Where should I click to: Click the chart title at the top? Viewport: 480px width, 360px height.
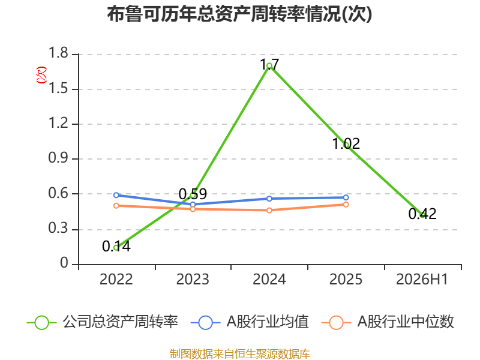[239, 14]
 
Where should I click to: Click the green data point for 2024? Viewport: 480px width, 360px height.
[269, 66]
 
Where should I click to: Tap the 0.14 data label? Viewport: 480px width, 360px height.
[116, 246]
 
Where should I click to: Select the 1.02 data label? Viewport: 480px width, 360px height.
[346, 143]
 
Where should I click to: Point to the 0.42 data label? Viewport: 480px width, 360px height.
[422, 214]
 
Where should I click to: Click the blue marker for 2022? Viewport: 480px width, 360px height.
[116, 195]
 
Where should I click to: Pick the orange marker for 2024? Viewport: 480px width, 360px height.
[269, 211]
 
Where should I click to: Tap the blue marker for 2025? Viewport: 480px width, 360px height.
[346, 197]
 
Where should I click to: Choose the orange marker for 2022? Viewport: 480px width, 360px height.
[116, 206]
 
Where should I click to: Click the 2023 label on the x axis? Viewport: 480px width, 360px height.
[193, 279]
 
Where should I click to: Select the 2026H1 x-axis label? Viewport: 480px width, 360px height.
[422, 279]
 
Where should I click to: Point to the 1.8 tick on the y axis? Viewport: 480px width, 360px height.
[58, 53]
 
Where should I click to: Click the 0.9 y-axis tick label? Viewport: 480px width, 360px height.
[58, 158]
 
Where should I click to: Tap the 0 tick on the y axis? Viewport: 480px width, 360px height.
[64, 263]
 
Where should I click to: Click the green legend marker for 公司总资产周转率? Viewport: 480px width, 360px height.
[41, 323]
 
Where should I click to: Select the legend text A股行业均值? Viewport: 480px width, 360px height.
[268, 322]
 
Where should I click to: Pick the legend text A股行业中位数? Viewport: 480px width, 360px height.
[406, 322]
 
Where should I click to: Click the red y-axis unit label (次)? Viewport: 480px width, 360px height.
[41, 75]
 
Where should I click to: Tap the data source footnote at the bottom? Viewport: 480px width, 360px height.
[240, 354]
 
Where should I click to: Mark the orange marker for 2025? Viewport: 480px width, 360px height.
[346, 205]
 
